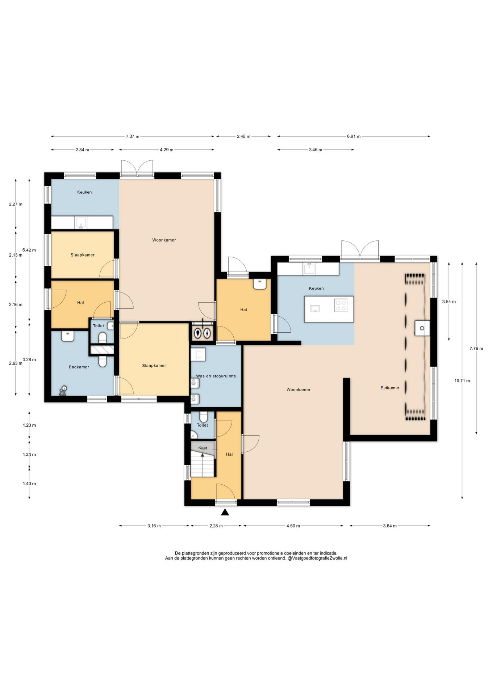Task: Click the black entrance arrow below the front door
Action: pyautogui.click(x=225, y=512)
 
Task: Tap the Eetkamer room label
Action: pyautogui.click(x=390, y=388)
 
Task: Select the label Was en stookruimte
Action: pyautogui.click(x=216, y=376)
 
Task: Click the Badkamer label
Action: pyautogui.click(x=79, y=367)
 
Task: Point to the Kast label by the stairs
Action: pyautogui.click(x=203, y=448)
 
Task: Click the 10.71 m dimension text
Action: pyautogui.click(x=462, y=381)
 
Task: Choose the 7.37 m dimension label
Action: pyautogui.click(x=133, y=136)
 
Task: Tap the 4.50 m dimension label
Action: pyautogui.click(x=293, y=526)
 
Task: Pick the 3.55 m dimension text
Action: pyautogui.click(x=449, y=302)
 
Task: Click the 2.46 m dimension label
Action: pyautogui.click(x=243, y=136)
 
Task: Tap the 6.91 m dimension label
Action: pyautogui.click(x=354, y=136)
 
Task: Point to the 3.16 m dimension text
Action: pyautogui.click(x=154, y=526)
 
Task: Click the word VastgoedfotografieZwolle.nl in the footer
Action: pyautogui.click(x=319, y=558)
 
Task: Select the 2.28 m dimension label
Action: pyautogui.click(x=216, y=526)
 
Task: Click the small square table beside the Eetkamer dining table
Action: pyautogui.click(x=422, y=328)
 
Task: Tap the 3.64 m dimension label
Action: pyautogui.click(x=390, y=526)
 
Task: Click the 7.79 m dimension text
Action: pyautogui.click(x=476, y=349)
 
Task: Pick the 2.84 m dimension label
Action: pyautogui.click(x=82, y=150)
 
